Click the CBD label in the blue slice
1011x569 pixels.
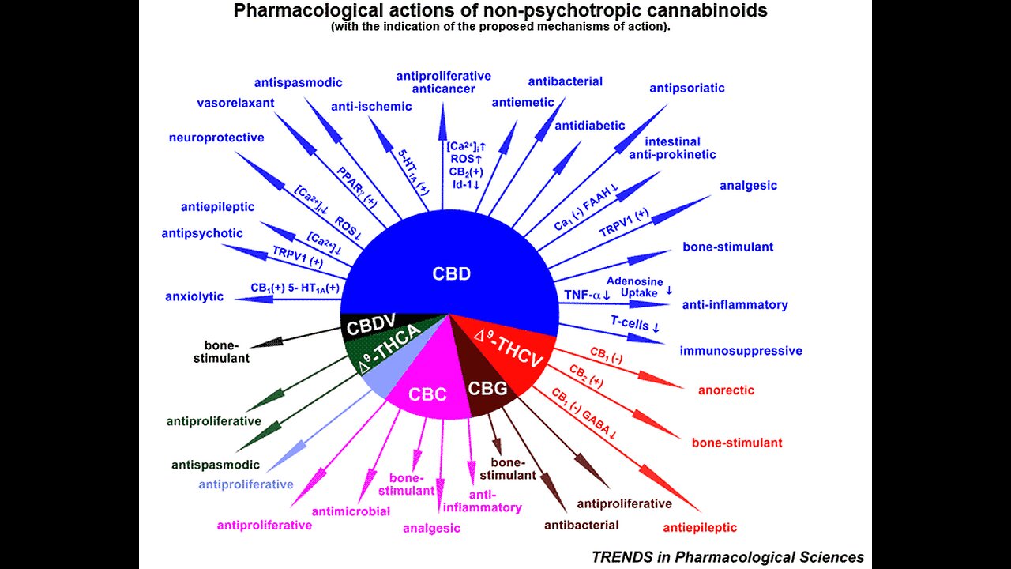(451, 274)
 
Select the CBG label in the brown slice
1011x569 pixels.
(489, 388)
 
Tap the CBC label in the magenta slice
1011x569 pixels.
(427, 394)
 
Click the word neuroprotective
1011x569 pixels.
(216, 138)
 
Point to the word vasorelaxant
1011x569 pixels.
(235, 103)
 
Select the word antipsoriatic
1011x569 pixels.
(686, 88)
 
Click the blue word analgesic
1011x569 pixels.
(748, 186)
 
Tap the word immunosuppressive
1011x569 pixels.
(741, 351)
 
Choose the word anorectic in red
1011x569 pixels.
(726, 390)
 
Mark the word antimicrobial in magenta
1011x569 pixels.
(351, 511)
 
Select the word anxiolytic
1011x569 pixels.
(194, 297)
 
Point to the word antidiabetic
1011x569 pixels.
(589, 126)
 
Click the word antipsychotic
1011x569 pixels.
(202, 233)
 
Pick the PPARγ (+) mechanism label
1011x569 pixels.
(358, 187)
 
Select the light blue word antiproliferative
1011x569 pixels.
(246, 484)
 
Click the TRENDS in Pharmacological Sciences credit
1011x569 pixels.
(727, 557)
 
